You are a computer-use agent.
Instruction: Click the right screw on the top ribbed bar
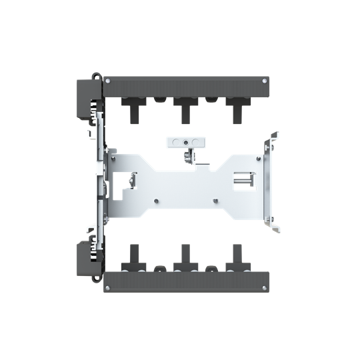[265, 81]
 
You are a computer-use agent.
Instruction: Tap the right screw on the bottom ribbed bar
[265, 287]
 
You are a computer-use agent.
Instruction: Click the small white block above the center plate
[183, 142]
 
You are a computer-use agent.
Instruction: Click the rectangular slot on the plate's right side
[243, 179]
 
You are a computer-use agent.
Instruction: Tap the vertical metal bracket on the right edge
[269, 181]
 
